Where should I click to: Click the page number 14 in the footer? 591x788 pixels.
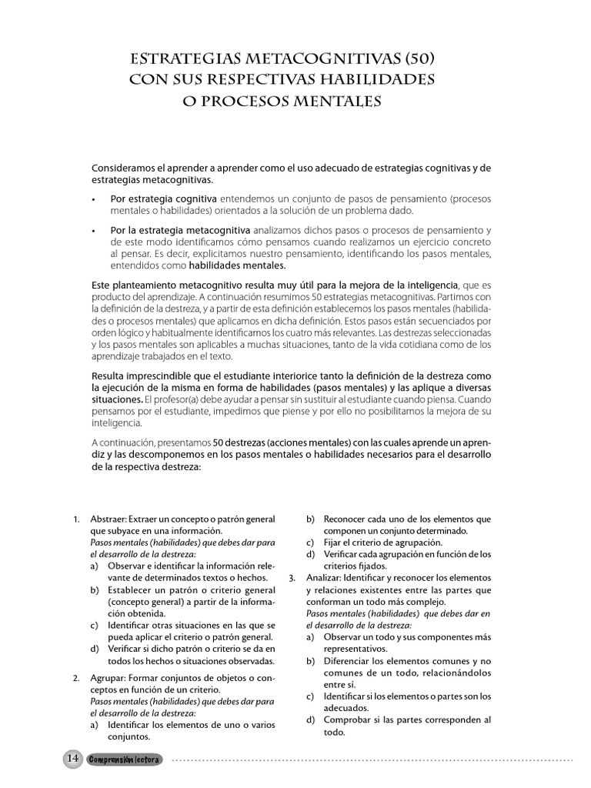point(73,759)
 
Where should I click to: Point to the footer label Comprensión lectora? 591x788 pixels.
point(124,760)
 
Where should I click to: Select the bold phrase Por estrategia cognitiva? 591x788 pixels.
point(163,198)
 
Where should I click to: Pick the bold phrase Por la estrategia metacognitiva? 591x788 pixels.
point(180,230)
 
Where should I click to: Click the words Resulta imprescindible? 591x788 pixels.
point(144,375)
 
